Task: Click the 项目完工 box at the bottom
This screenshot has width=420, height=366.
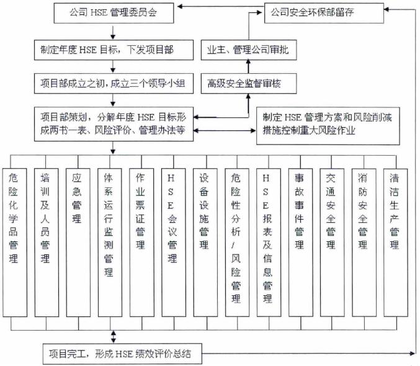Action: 122,355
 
